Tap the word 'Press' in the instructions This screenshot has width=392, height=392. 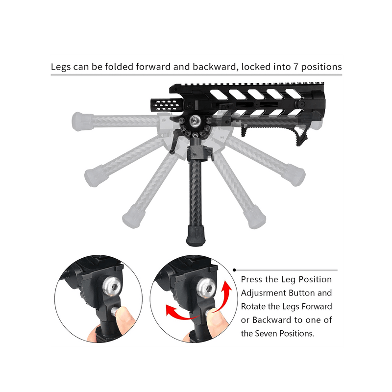click(x=251, y=279)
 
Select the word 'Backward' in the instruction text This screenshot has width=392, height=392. click(x=271, y=320)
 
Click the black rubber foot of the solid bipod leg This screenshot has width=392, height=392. click(x=196, y=235)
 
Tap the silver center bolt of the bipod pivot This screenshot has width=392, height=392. click(x=195, y=121)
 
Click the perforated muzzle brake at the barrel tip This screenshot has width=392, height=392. click(x=167, y=105)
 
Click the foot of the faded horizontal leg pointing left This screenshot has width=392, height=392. click(x=82, y=122)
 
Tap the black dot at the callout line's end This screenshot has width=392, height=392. click(x=234, y=270)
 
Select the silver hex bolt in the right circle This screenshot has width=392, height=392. click(x=205, y=288)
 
